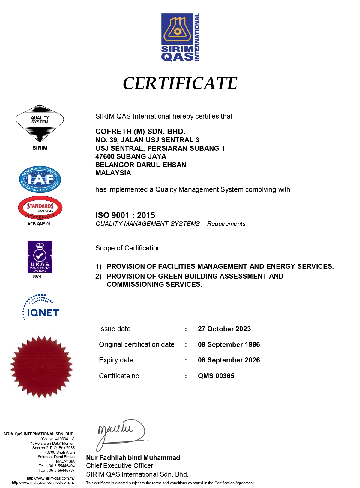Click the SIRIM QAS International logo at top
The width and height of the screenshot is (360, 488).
tap(180, 37)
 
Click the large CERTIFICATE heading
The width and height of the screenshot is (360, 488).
tap(180, 83)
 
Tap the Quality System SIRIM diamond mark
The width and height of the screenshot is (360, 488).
tap(40, 123)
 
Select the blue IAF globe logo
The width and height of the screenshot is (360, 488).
tap(40, 179)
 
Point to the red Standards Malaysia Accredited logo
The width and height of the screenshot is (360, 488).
tap(40, 208)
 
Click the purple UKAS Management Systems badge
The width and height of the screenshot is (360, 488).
tap(40, 257)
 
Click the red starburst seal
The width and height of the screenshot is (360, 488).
tap(41, 367)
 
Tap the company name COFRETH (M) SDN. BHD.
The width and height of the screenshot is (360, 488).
tap(140, 132)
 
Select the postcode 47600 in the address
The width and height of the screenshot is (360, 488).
tap(105, 156)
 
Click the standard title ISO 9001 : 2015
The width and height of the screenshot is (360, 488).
tap(125, 215)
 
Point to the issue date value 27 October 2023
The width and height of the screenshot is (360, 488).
tap(224, 329)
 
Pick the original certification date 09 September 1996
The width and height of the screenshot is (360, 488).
tap(229, 344)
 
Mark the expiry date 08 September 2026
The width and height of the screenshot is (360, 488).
tap(229, 360)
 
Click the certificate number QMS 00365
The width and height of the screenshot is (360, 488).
tap(216, 376)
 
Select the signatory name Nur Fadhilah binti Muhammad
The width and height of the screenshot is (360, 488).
tap(133, 458)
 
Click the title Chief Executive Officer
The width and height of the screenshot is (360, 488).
tap(119, 465)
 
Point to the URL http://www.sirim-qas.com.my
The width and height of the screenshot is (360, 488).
tap(51, 478)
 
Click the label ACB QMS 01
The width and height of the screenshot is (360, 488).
tap(39, 224)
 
